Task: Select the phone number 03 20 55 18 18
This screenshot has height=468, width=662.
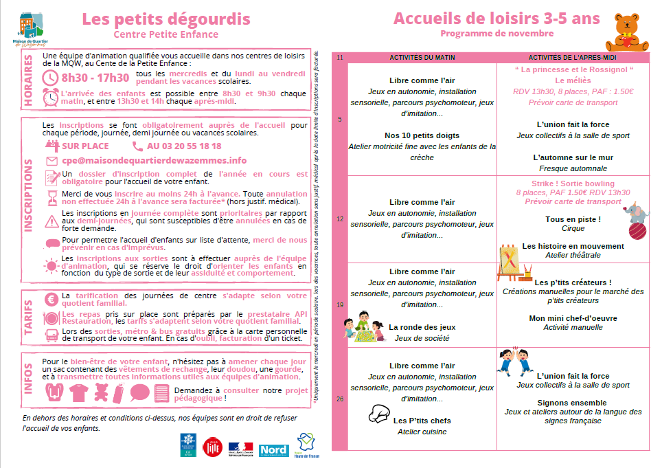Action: [x=184, y=146]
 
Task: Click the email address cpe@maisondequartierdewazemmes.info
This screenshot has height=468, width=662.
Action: [x=154, y=160]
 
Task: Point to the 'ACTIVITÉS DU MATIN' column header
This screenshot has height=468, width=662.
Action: [x=422, y=57]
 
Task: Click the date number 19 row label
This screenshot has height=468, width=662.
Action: [x=339, y=304]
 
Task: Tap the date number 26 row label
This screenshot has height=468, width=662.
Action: [x=339, y=399]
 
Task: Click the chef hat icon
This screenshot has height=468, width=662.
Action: [x=379, y=413]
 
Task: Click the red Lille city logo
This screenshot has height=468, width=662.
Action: [x=213, y=447]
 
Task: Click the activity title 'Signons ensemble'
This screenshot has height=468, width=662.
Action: [x=572, y=403]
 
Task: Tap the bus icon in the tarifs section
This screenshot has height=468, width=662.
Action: [x=50, y=335]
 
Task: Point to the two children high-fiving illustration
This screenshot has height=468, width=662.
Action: [x=514, y=360]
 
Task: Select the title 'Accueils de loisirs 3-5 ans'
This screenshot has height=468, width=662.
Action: [x=496, y=19]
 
